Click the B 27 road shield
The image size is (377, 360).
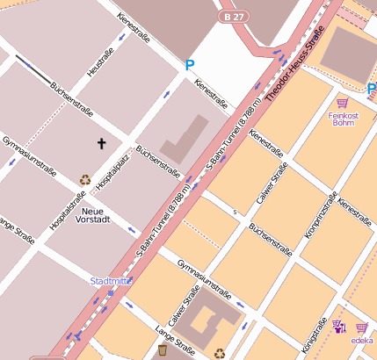[x=233, y=17]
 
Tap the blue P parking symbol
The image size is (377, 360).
[x=189, y=64]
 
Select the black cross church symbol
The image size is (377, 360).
[x=101, y=142]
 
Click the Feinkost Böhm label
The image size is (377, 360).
[x=343, y=119]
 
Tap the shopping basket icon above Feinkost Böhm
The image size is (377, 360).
[x=342, y=102]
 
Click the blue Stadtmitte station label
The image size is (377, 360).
[x=112, y=281]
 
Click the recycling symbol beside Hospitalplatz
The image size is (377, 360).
[x=84, y=179]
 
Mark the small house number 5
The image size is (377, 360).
[x=235, y=212]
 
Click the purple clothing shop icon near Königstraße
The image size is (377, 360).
[x=338, y=327]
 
